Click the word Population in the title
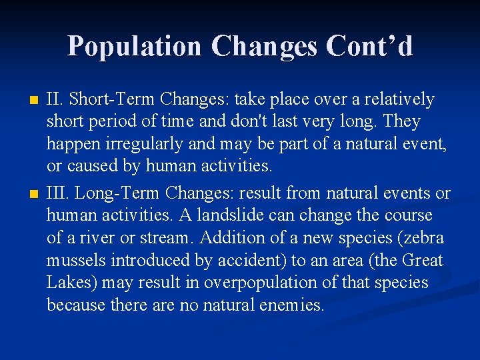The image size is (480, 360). tap(134, 46)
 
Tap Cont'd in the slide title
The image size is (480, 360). tap(371, 46)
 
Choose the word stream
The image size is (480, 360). tap(169, 238)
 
